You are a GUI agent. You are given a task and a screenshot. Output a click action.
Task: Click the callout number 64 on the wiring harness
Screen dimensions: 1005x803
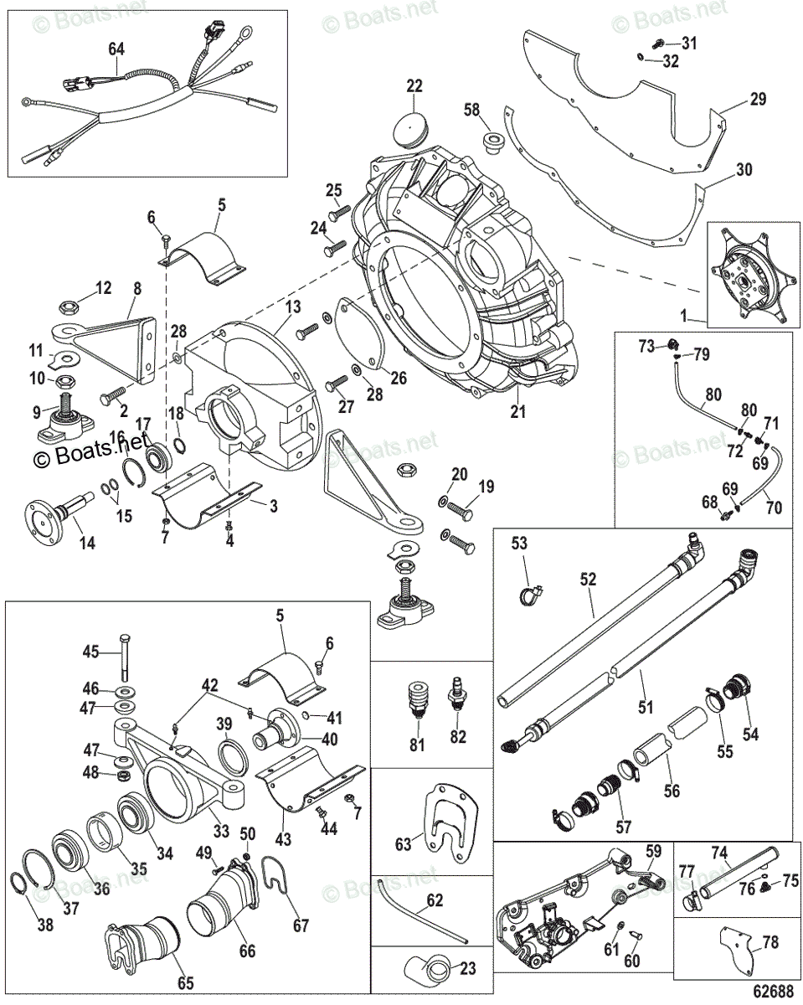[x=116, y=49]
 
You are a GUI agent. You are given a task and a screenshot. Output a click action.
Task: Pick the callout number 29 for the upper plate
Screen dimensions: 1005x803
[x=758, y=99]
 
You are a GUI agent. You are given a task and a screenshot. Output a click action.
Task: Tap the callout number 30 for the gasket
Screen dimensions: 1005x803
[x=744, y=170]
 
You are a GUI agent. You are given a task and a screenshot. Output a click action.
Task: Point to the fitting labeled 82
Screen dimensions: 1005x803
[x=457, y=693]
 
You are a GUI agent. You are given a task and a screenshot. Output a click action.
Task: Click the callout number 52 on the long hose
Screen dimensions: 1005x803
[x=587, y=578]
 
